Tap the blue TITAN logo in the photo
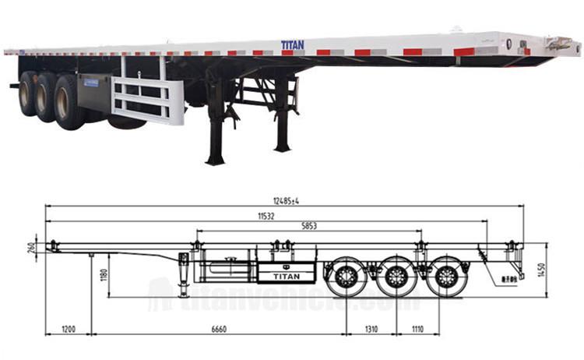coord(293,46)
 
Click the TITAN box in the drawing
coord(285,273)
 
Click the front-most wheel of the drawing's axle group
coord(345,277)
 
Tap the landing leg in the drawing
coord(184,274)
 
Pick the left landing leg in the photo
coord(216,125)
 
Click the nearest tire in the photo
coord(69,101)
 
